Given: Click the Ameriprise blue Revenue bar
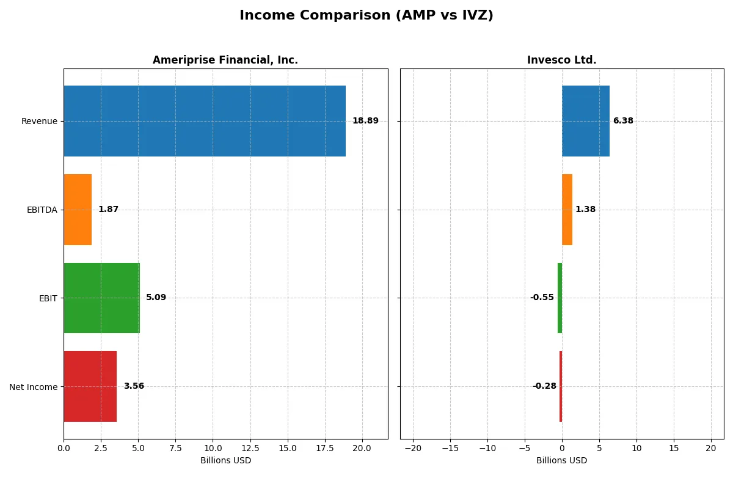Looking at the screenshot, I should pos(205,121).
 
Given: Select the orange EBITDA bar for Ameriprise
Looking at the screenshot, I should pos(78,210).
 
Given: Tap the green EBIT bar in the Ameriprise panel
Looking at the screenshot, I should pos(101,298).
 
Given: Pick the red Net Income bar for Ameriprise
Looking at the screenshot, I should pos(90,386).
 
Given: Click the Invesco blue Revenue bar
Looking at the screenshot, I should pos(585,121).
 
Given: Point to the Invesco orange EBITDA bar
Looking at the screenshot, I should pos(567,210).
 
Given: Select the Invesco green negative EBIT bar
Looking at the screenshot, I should pos(560,298).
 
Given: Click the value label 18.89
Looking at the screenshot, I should pos(365,121).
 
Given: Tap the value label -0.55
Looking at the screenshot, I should pos(542,298).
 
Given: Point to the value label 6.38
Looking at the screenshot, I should pos(623,121).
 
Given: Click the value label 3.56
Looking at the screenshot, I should pos(134,386).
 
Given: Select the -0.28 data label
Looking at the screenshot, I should pos(544,386).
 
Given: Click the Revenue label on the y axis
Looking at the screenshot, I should pos(39,121).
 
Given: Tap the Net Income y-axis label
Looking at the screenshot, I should pos(34,387).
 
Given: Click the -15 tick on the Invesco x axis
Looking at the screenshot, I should pos(450,449).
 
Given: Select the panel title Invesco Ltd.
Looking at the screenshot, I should pos(561,60).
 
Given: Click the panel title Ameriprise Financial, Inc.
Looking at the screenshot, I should pos(225,60).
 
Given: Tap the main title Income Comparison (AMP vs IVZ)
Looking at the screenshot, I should pos(366,15).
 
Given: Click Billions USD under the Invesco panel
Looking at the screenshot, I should pos(561,461).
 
